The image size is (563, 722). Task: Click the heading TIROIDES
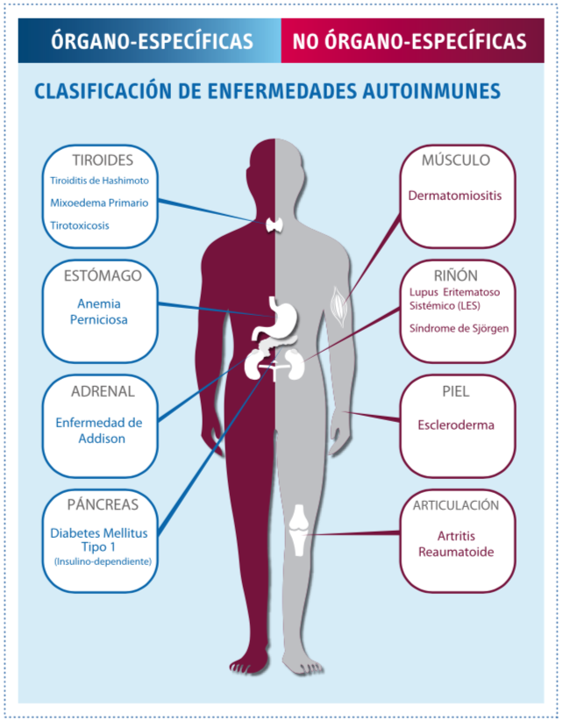[103, 161]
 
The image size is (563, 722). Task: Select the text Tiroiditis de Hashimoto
[99, 181]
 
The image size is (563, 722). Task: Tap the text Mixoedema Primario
[99, 203]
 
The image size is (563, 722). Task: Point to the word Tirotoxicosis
[80, 225]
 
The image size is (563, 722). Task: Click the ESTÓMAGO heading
[103, 275]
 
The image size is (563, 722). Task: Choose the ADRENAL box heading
[103, 391]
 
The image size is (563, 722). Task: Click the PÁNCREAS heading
[103, 504]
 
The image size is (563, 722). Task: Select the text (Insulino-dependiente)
[103, 561]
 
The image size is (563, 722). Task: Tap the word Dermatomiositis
[455, 196]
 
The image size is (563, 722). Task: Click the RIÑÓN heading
[456, 275]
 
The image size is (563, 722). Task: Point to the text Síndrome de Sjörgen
[459, 328]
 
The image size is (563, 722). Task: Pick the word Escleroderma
[456, 425]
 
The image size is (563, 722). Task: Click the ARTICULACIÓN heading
[456, 505]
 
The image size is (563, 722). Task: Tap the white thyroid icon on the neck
[275, 225]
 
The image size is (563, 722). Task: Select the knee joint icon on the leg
[300, 530]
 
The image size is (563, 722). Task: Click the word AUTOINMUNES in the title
[431, 90]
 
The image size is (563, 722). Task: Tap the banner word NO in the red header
[306, 41]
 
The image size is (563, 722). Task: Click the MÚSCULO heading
[456, 161]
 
